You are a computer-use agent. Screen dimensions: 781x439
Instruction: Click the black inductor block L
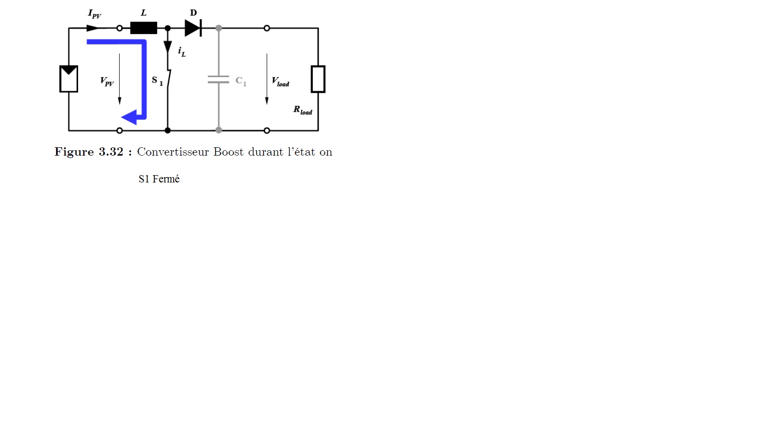144,28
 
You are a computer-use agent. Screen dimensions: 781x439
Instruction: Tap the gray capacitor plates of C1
219,80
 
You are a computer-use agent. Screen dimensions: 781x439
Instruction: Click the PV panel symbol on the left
69,79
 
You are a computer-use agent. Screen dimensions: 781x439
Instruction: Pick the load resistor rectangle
318,79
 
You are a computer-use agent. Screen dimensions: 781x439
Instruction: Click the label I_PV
94,14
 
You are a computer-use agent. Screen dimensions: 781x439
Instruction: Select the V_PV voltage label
107,81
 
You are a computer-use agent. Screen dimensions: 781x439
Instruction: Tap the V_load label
280,81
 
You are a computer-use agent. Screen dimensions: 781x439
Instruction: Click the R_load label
302,110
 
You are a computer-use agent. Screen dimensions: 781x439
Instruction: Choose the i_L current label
182,51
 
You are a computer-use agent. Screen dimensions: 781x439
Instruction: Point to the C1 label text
241,81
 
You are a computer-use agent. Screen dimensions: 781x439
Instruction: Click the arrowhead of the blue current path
130,118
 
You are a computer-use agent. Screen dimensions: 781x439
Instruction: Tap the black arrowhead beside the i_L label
167,47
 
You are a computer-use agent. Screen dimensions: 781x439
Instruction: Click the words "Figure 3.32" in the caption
89,152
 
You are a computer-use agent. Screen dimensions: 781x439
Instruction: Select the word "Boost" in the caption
228,152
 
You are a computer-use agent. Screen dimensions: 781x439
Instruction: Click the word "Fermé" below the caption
166,179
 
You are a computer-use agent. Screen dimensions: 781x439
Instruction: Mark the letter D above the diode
193,13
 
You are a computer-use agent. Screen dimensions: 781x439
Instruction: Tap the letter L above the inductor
144,13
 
